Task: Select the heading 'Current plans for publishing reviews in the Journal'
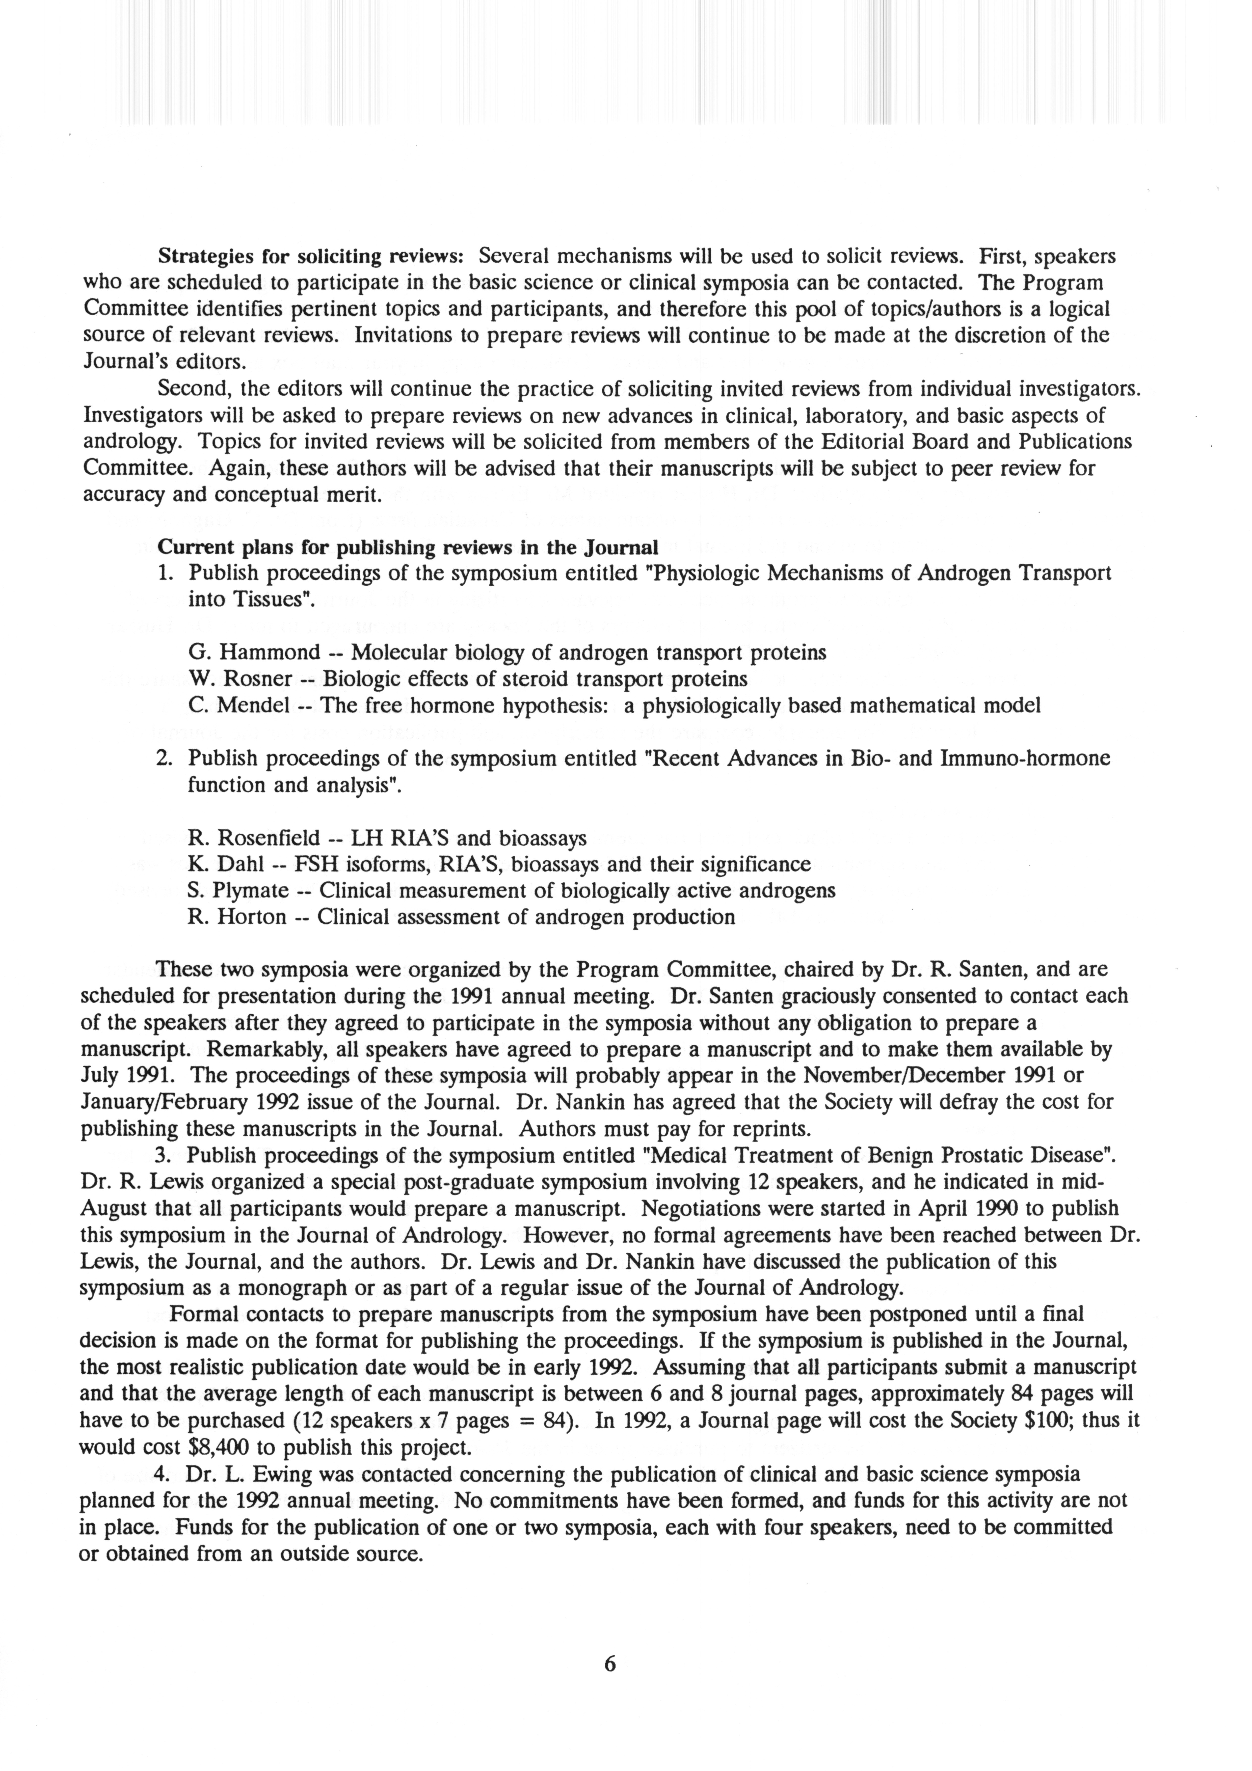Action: point(407,548)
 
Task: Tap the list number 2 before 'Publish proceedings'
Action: point(163,758)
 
